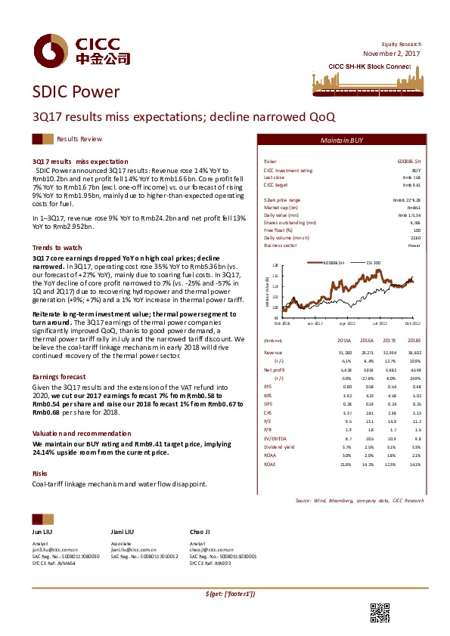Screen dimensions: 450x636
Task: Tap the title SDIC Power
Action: [76, 93]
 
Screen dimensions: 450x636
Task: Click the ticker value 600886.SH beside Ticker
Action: [408, 162]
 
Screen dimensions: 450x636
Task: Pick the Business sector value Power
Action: [414, 245]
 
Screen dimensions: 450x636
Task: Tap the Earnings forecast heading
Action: [59, 376]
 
